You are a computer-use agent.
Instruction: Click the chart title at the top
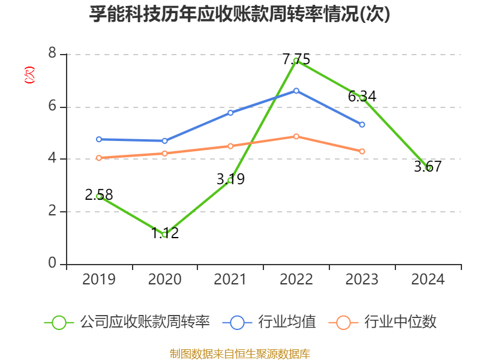(239, 14)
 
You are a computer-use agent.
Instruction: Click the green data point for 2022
(296, 60)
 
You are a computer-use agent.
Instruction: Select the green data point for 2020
(164, 235)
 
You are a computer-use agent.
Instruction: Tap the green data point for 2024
(428, 168)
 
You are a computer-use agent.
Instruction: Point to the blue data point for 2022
(296, 91)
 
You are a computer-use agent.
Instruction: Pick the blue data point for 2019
(99, 139)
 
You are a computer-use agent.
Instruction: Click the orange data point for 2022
(296, 136)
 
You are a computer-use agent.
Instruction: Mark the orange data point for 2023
(362, 151)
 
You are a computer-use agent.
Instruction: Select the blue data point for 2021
(230, 112)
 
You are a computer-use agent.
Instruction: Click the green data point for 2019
(99, 196)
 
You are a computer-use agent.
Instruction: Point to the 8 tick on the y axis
(52, 54)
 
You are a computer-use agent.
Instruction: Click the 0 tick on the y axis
(52, 264)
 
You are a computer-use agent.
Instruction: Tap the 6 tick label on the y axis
(52, 107)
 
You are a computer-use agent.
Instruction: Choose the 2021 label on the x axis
(230, 280)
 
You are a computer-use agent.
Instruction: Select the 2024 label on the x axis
(428, 280)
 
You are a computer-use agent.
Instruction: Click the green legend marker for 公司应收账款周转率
(59, 322)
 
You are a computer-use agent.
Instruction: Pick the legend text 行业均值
(287, 322)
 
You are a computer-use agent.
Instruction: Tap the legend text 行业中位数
(400, 322)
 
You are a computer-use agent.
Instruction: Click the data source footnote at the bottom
(239, 353)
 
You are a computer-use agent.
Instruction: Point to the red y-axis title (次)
(29, 76)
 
